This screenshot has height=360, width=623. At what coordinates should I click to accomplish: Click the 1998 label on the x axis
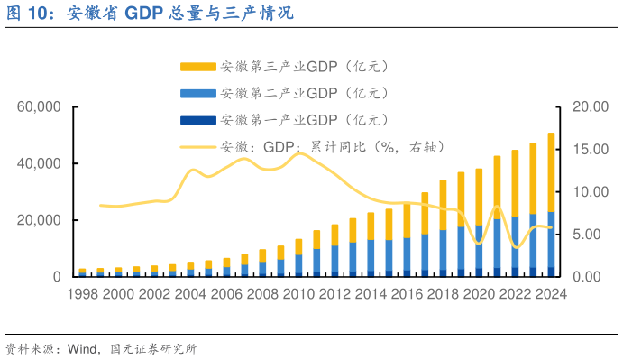click(x=83, y=294)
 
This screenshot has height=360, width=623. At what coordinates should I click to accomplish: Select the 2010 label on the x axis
click(x=298, y=294)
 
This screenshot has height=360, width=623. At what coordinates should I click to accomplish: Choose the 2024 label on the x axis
click(x=550, y=294)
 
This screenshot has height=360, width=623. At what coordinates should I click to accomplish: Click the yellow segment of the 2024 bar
click(x=551, y=171)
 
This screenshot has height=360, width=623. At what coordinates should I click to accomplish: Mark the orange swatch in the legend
click(x=198, y=67)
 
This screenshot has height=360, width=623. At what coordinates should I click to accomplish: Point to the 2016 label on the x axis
click(x=407, y=294)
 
